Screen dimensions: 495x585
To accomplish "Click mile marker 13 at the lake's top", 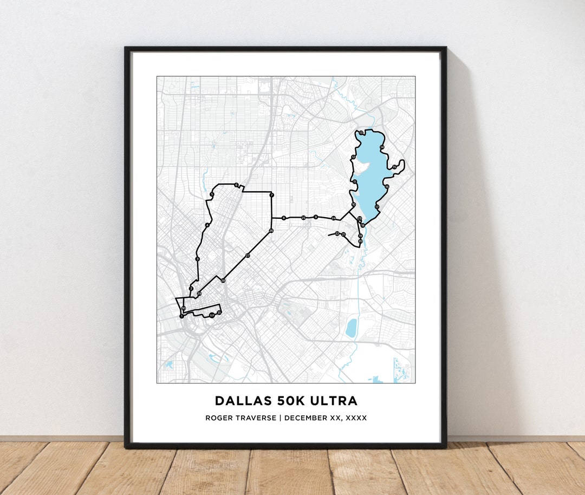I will coord(361,133).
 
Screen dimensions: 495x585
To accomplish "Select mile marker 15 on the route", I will coord(394,167).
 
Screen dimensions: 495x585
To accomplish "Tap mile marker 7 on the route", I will coord(271,195).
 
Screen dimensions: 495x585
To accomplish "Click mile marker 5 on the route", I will coord(212,194).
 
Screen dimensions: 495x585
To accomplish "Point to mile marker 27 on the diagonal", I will coord(248,255).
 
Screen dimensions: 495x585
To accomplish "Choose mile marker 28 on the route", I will coord(223,280).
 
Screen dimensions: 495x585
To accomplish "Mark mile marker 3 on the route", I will coord(198,259).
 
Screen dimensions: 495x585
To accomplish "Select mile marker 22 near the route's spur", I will coord(337,233).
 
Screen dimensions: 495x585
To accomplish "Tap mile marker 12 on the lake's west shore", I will coord(353,158).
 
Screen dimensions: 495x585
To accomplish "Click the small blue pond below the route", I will coord(352,327).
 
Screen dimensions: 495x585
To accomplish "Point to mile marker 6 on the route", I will coord(236,185).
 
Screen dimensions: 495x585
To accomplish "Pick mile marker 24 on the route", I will coord(334,218).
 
